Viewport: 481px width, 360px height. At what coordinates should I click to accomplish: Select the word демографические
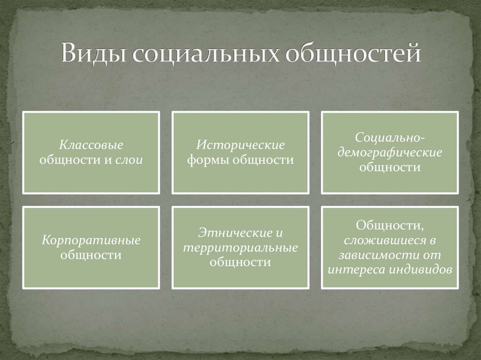pos(390,153)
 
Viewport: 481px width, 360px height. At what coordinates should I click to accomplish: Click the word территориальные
pos(240,248)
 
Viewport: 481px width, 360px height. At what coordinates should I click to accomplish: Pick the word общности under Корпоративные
pos(92,255)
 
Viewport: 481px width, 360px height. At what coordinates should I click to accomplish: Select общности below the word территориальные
pos(240,262)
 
